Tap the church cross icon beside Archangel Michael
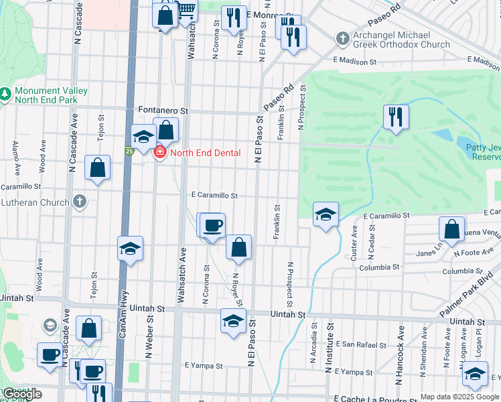pyautogui.click(x=342, y=40)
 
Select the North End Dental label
pyautogui.click(x=204, y=153)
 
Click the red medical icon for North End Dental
pyautogui.click(x=159, y=153)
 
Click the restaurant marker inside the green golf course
pyautogui.click(x=396, y=117)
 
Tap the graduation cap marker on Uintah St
pyautogui.click(x=233, y=320)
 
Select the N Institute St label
pyautogui.click(x=329, y=348)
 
